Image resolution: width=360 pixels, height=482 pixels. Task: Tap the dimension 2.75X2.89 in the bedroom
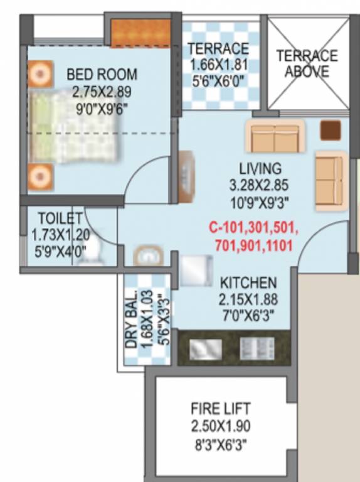[102, 92]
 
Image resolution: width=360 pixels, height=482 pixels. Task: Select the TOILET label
[60, 219]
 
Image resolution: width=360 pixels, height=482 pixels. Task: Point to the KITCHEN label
[248, 283]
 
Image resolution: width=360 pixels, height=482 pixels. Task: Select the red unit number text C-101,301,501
[253, 227]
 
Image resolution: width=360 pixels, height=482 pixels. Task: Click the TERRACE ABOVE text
[307, 63]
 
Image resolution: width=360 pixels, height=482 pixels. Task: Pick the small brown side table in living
[330, 131]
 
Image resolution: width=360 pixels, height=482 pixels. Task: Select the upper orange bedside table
[40, 75]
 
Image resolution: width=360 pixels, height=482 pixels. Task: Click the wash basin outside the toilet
[148, 256]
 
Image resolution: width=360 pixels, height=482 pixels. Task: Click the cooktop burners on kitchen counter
[257, 348]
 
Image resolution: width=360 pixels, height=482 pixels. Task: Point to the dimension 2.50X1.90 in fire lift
[220, 427]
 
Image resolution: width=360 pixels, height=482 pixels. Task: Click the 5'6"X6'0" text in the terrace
[218, 80]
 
